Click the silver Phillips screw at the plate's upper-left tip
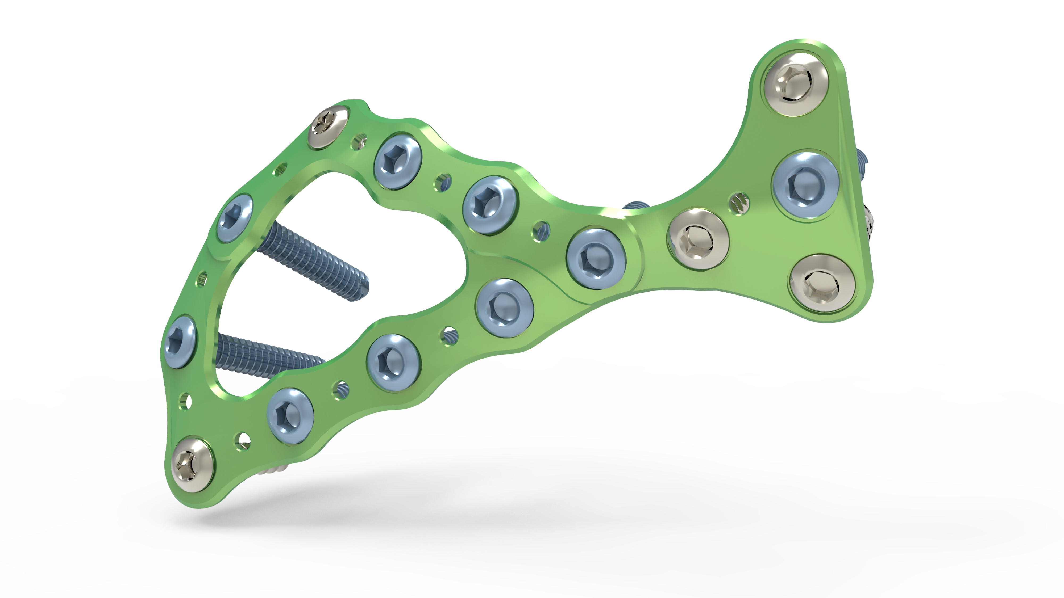click(328, 126)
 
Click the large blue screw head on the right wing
click(805, 185)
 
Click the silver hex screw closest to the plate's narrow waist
click(698, 240)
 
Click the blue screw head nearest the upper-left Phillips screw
click(397, 161)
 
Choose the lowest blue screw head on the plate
click(290, 416)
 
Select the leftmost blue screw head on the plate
click(180, 342)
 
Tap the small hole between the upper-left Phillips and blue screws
click(359, 141)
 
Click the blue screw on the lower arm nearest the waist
click(504, 308)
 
